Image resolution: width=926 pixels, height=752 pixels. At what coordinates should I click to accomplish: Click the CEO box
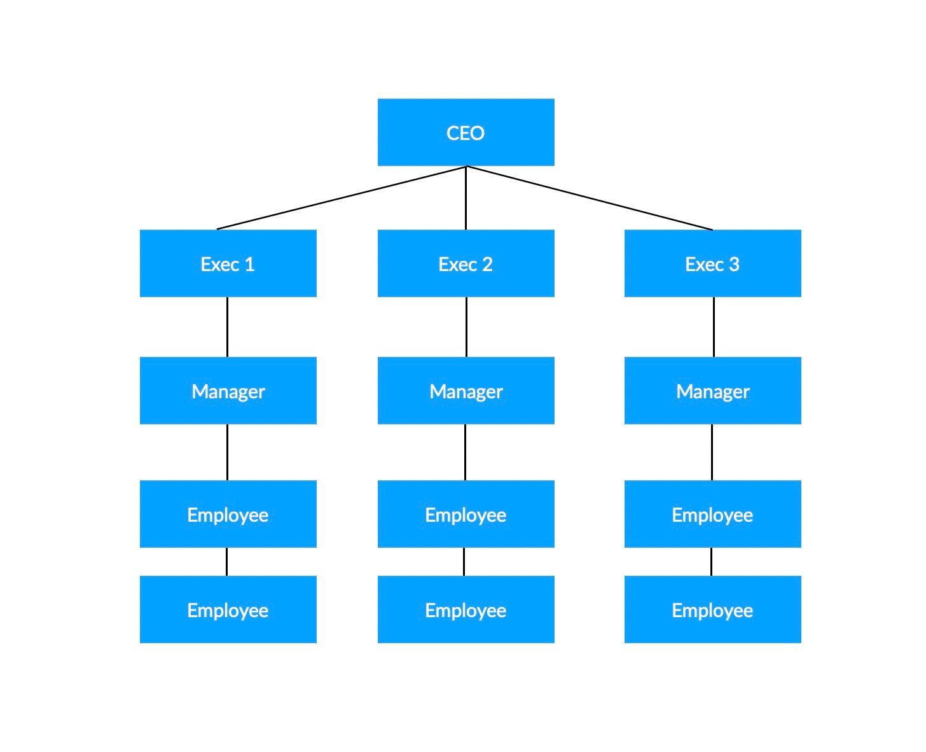pyautogui.click(x=466, y=132)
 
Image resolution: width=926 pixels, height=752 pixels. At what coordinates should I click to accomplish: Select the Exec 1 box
pyautogui.click(x=228, y=263)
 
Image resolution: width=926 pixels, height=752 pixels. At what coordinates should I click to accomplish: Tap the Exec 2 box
pyautogui.click(x=466, y=263)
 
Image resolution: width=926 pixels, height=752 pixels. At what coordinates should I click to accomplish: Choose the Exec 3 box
pyautogui.click(x=712, y=263)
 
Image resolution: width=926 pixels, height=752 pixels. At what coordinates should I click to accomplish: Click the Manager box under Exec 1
pyautogui.click(x=228, y=390)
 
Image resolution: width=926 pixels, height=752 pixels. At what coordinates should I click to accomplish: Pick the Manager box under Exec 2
pyautogui.click(x=466, y=390)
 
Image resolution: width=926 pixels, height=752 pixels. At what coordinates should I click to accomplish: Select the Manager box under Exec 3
pyautogui.click(x=712, y=390)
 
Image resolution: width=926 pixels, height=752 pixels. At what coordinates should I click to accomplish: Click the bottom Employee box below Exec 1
pyautogui.click(x=228, y=609)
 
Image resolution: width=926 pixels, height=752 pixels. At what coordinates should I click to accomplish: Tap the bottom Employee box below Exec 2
pyautogui.click(x=466, y=609)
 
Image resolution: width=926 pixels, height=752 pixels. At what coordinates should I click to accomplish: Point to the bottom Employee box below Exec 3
pyautogui.click(x=712, y=609)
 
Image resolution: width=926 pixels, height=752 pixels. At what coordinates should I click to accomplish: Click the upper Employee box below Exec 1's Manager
pyautogui.click(x=228, y=513)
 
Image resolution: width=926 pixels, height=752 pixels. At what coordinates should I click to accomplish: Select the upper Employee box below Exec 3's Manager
pyautogui.click(x=712, y=513)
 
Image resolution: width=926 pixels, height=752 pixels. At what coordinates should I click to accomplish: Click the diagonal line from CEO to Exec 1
pyautogui.click(x=342, y=198)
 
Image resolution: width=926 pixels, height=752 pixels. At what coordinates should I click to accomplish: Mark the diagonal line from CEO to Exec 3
pyautogui.click(x=589, y=198)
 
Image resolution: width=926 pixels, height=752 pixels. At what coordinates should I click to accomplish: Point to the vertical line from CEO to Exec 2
pyautogui.click(x=466, y=198)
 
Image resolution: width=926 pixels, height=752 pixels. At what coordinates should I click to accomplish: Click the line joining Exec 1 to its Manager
pyautogui.click(x=228, y=326)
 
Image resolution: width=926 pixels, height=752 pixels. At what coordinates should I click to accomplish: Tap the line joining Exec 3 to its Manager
pyautogui.click(x=714, y=326)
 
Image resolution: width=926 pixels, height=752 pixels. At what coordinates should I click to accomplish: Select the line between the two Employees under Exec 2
pyautogui.click(x=464, y=562)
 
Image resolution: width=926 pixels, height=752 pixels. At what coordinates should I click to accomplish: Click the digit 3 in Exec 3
pyautogui.click(x=734, y=264)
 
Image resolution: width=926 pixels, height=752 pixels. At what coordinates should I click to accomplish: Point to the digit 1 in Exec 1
pyautogui.click(x=249, y=264)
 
